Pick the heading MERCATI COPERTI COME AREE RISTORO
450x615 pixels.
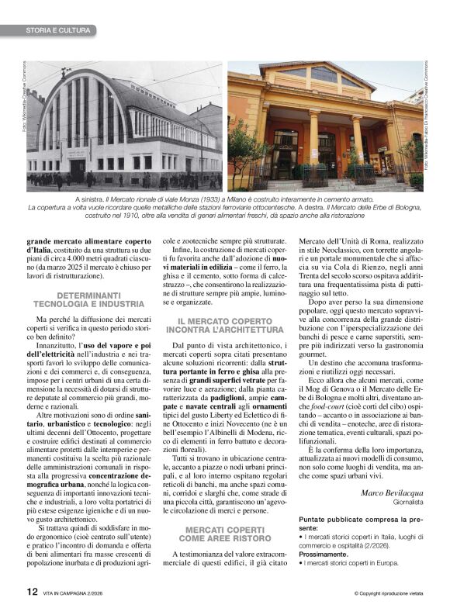225,511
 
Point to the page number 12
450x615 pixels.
32,591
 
